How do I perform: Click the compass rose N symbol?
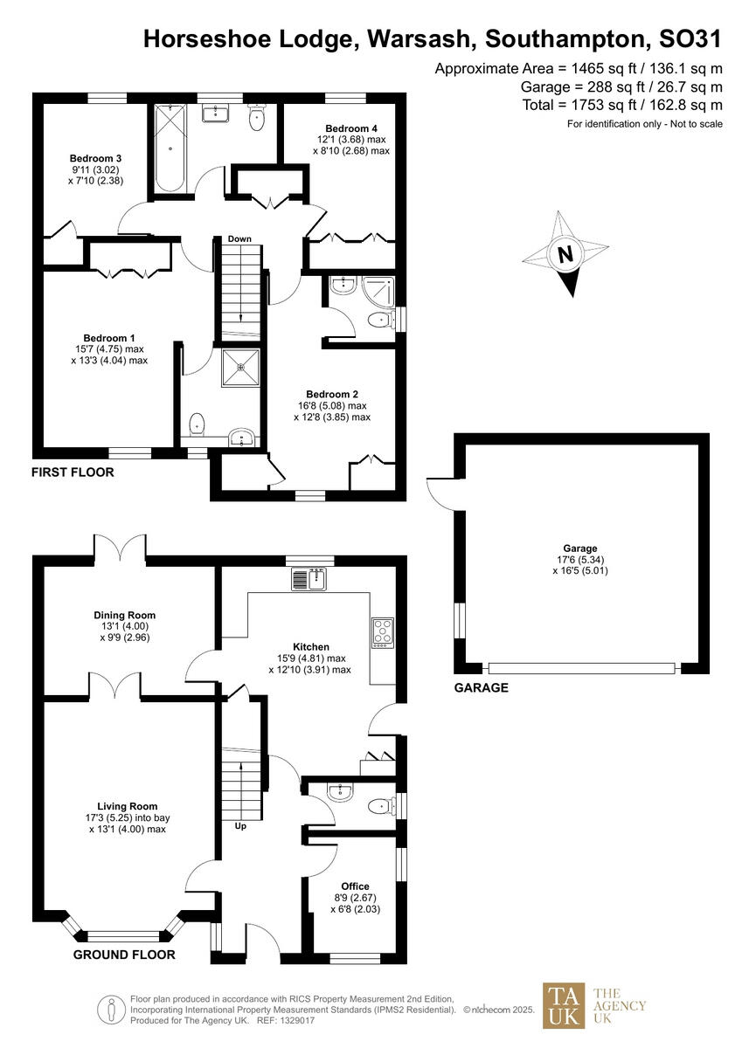pyautogui.click(x=565, y=256)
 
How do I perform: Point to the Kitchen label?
pyautogui.click(x=309, y=647)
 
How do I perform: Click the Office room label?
pyautogui.click(x=355, y=886)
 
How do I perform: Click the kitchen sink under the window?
pyautogui.click(x=309, y=578)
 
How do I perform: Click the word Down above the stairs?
pyautogui.click(x=239, y=238)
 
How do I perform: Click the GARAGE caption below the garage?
pyautogui.click(x=481, y=688)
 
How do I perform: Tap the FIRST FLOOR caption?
pyautogui.click(x=73, y=472)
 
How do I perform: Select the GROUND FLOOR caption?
pyautogui.click(x=123, y=955)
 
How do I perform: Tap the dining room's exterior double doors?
pyautogui.click(x=121, y=549)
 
